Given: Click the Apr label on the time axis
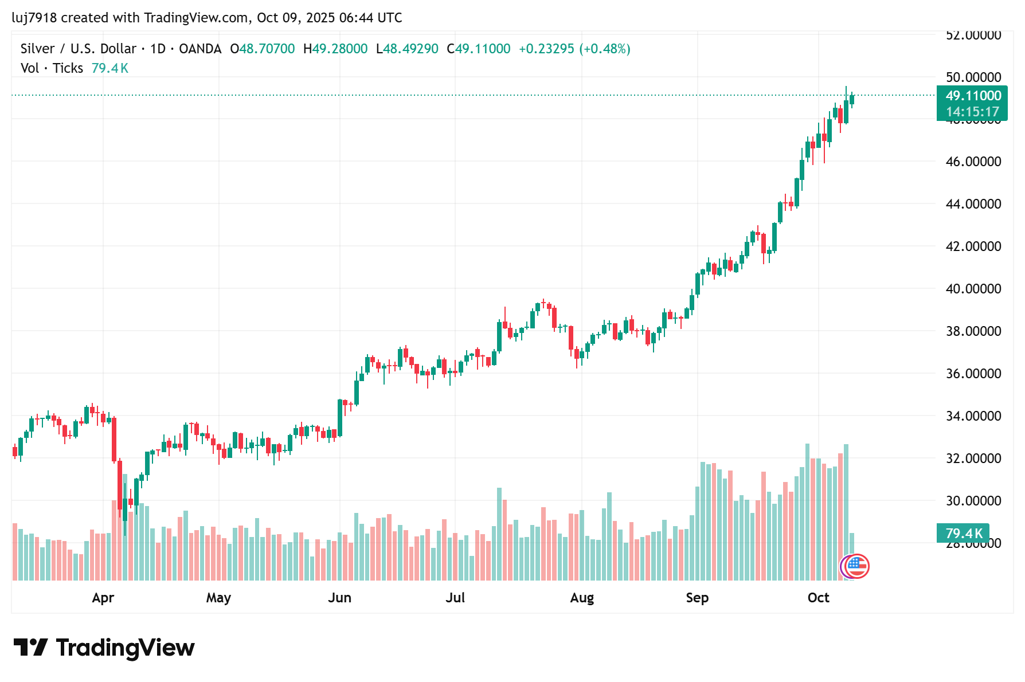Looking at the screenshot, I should [x=103, y=598].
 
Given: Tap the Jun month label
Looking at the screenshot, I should [x=339, y=598].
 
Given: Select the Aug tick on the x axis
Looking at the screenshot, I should [x=582, y=598].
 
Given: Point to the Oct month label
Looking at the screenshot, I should [x=818, y=598].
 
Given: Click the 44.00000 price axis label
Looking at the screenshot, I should [x=973, y=204].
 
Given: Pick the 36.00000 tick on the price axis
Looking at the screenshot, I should [x=973, y=374].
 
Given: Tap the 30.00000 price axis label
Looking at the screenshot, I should [x=973, y=501].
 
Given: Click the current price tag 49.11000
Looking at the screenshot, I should [x=973, y=96].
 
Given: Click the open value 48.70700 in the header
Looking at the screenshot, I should [x=267, y=49].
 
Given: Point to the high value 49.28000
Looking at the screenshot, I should [x=339, y=49].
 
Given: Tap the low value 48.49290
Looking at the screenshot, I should [x=410, y=49].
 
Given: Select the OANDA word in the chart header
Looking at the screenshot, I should [x=200, y=49].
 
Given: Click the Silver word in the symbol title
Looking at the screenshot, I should [x=37, y=49].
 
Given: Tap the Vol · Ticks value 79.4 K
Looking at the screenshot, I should [x=110, y=68].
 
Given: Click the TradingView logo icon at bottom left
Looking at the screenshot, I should [x=30, y=648].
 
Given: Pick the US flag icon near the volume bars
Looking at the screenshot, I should [x=857, y=566].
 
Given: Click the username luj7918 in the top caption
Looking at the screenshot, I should [x=34, y=18].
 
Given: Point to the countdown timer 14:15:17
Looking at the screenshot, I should [x=972, y=112].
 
